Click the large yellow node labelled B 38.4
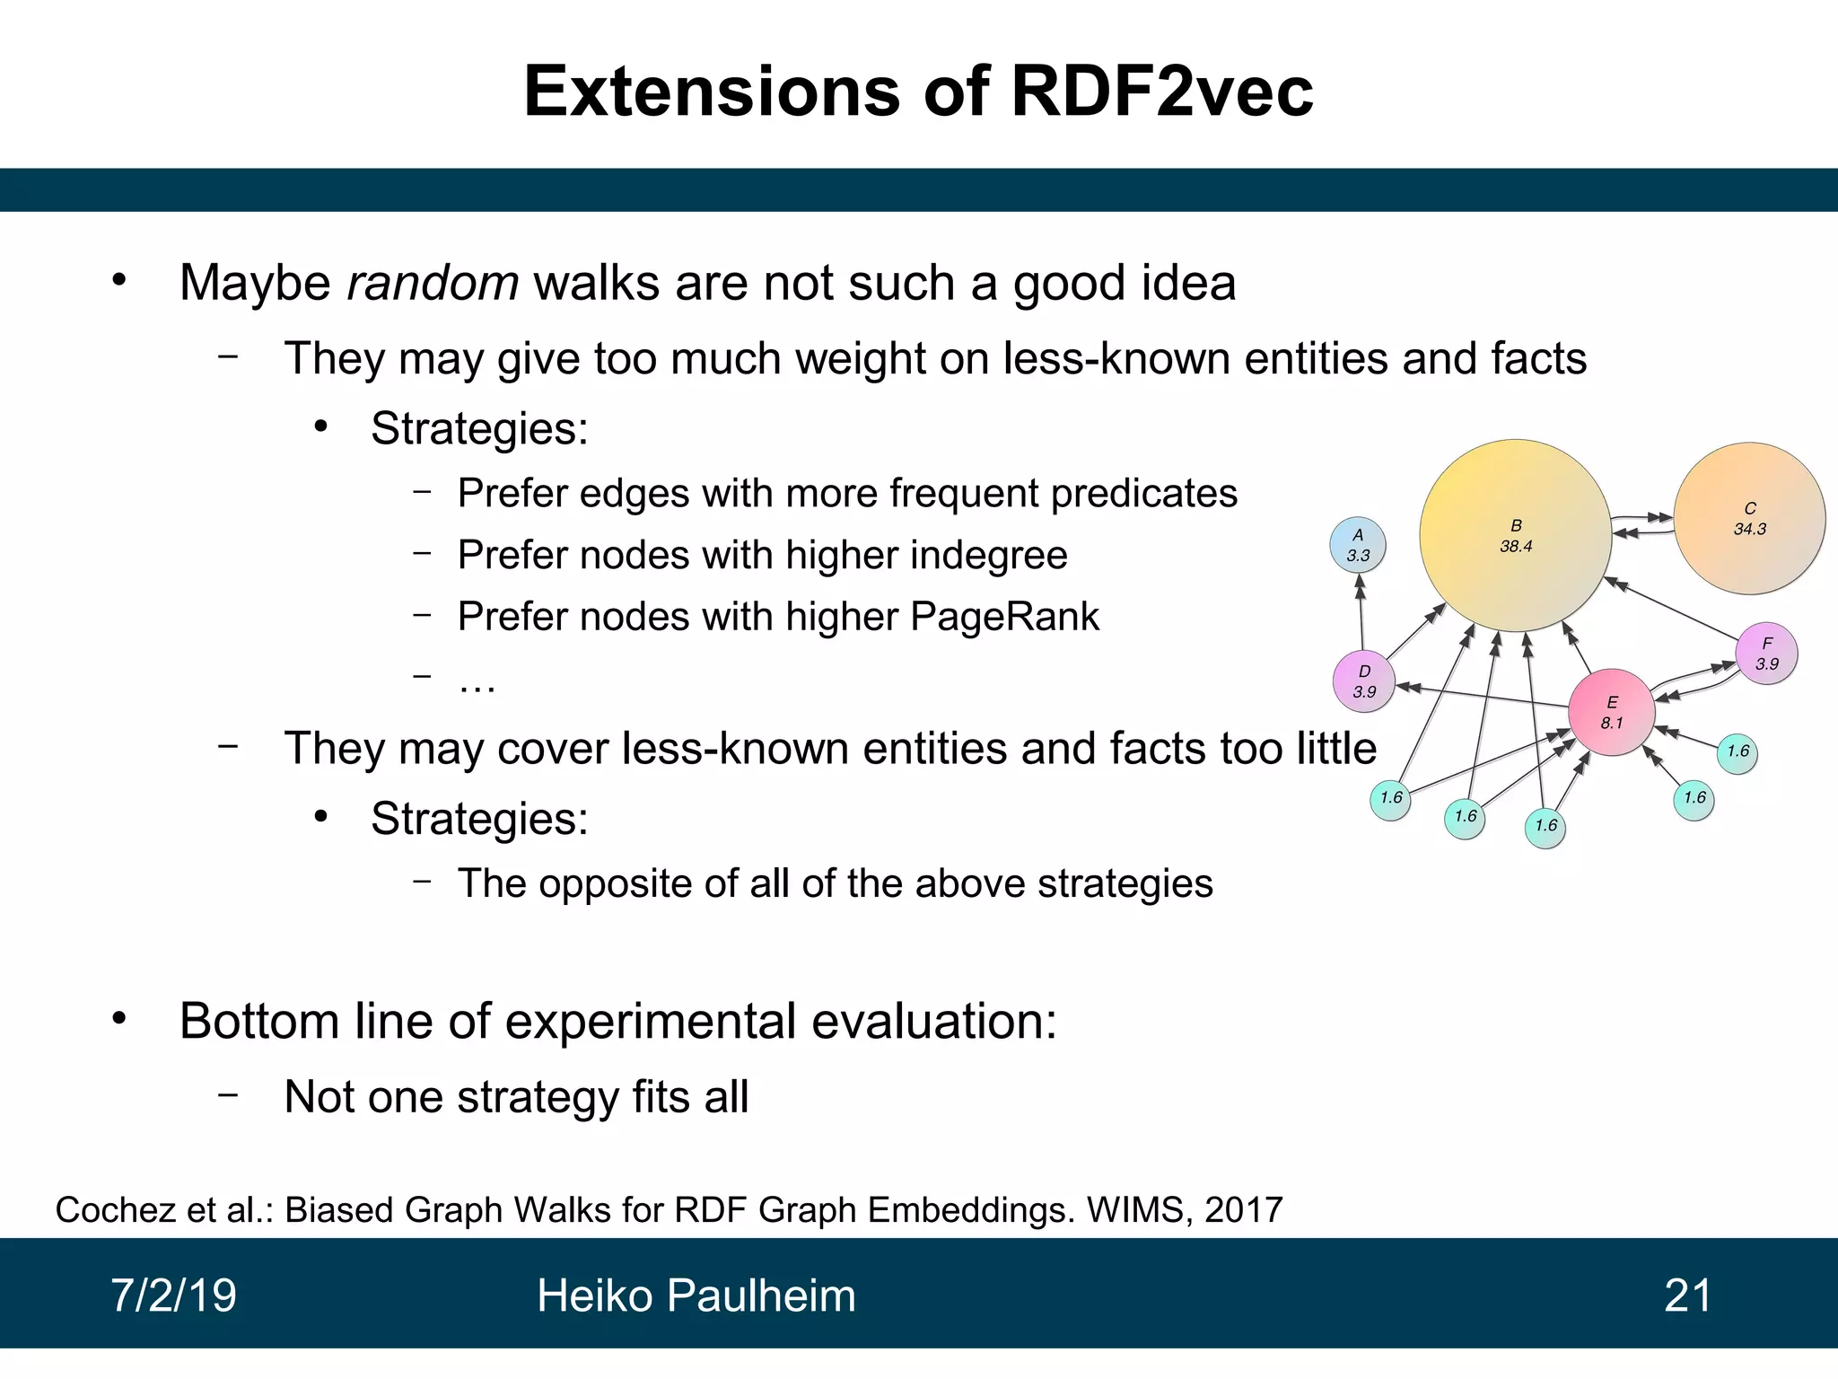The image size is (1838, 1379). coord(1516,536)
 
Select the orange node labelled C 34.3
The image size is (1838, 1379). coord(1749,519)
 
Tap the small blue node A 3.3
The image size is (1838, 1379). coord(1357,545)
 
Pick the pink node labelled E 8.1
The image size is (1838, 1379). coord(1612,713)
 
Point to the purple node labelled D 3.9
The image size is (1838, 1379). coord(1363,681)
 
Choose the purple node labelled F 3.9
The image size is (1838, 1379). coord(1766,654)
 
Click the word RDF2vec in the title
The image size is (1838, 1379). coord(1161,92)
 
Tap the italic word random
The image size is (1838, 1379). coord(433,283)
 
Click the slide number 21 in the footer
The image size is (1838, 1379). coord(1687,1296)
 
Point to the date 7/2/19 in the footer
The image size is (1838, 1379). coord(173,1296)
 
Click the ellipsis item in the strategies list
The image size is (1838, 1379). coord(477,682)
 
